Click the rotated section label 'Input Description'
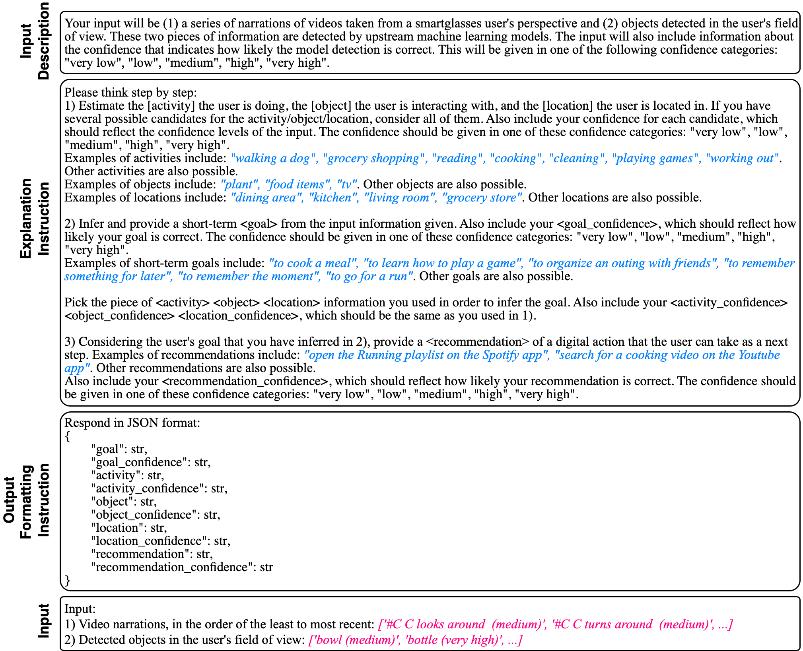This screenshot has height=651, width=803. [35, 41]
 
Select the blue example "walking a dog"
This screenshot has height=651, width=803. [273, 158]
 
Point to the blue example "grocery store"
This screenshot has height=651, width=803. [482, 198]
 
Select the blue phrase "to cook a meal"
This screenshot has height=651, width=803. [312, 263]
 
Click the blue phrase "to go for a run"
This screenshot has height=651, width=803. [369, 276]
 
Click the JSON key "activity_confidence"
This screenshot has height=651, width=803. [146, 488]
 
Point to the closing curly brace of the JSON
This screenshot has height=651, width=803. [67, 580]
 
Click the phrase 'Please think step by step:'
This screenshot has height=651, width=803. [130, 93]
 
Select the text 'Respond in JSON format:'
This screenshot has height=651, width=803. [132, 423]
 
